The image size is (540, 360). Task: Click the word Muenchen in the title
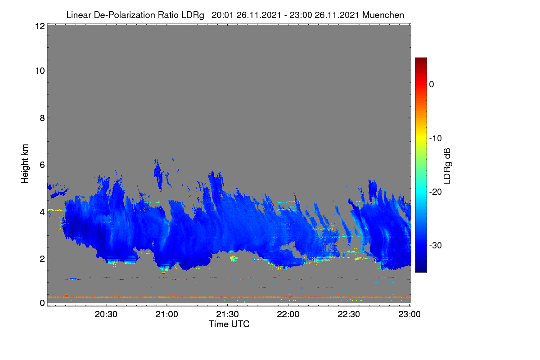tap(383, 15)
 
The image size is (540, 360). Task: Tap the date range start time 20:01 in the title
tap(222, 15)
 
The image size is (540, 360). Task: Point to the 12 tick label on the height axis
tap(40, 26)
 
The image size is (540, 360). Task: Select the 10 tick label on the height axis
tap(40, 71)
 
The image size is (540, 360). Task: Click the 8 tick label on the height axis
tap(42, 118)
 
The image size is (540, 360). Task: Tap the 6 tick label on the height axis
tap(42, 165)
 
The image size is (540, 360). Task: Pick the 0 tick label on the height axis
tap(42, 303)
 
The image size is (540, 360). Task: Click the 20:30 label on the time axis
tap(106, 314)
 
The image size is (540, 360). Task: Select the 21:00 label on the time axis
tap(166, 314)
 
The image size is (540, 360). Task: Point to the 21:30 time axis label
tap(227, 314)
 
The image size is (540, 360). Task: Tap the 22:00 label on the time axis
tap(288, 314)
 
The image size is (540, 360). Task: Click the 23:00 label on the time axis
tap(409, 314)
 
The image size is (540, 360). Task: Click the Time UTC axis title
tap(229, 324)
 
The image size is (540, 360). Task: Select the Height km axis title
tap(25, 164)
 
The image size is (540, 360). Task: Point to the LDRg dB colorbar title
tap(447, 166)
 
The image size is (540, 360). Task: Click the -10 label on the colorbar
tap(436, 139)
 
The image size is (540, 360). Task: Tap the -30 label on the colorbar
tap(436, 245)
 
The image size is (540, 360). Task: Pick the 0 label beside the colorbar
tap(432, 85)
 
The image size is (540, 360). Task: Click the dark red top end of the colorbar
tap(421, 58)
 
